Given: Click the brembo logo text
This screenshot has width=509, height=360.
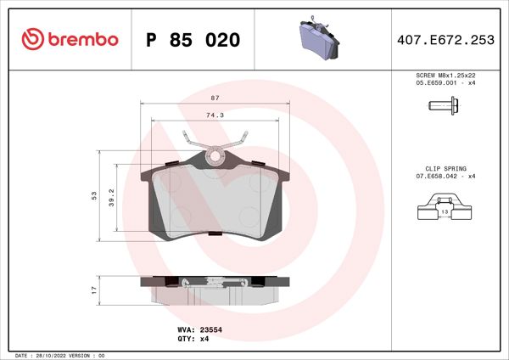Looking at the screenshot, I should [x=83, y=40].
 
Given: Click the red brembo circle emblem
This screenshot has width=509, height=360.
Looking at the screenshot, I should [x=32, y=40].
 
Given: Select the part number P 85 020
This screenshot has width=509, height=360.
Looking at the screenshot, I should [x=193, y=41].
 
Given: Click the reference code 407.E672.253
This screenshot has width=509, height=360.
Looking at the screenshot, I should [x=445, y=41].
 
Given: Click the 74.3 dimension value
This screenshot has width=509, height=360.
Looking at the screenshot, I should [x=215, y=115].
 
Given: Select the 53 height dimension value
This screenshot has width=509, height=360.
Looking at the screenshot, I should [x=95, y=196].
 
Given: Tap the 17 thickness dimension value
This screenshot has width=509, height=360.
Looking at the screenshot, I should [x=95, y=290].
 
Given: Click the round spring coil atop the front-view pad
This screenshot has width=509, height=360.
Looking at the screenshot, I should [x=215, y=155].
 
